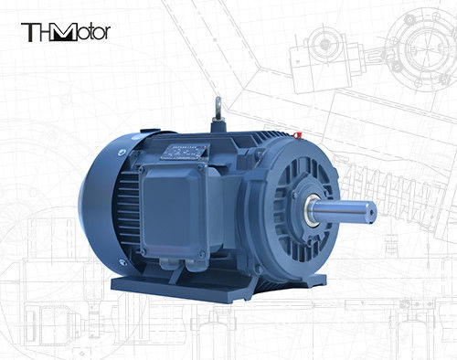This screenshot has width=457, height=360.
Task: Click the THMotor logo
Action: tap(65, 32)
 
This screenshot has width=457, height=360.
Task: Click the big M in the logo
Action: tap(62, 32)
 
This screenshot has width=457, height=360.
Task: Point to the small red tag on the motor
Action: tap(299, 135)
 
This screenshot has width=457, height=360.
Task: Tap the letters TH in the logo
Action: tap(37, 32)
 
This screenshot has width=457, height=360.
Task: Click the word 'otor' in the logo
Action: tap(93, 32)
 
